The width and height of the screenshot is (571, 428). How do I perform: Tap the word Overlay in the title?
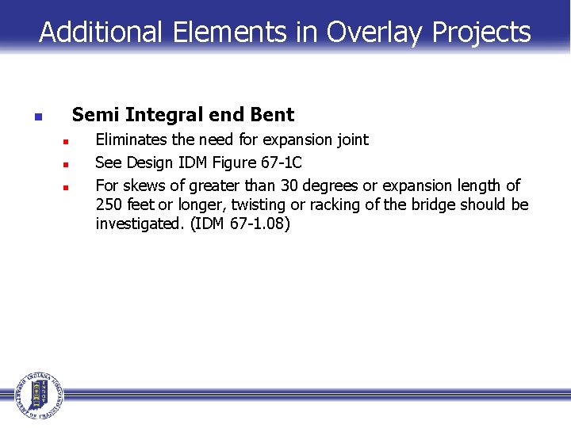376,32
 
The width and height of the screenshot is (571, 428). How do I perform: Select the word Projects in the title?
481,32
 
